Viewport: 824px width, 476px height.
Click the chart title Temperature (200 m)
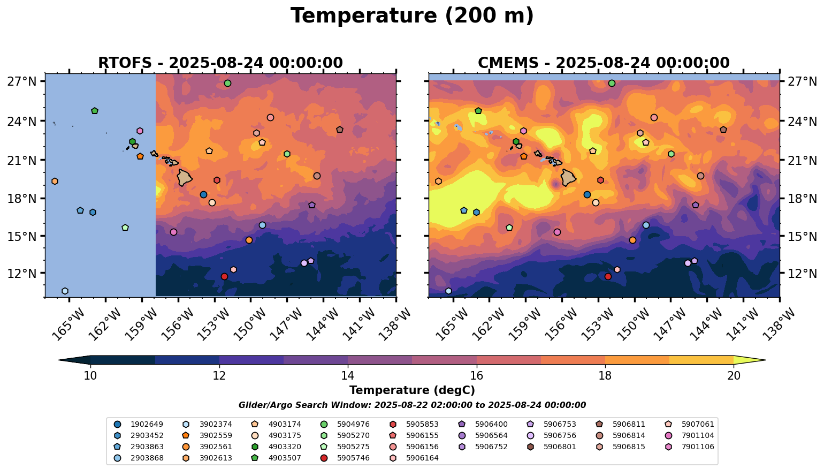412,16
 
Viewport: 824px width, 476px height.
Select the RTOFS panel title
220,63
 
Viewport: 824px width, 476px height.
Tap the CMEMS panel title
604,63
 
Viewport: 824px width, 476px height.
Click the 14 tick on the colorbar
348,376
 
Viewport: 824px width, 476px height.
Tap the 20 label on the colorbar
734,376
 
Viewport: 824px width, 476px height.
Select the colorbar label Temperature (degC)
412,390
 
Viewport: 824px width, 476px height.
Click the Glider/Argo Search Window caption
412,405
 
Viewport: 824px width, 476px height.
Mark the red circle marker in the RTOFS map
224,276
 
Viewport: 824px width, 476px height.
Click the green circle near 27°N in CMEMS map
612,83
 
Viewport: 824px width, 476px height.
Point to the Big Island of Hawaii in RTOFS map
185,178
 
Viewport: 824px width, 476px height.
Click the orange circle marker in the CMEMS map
632,240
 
